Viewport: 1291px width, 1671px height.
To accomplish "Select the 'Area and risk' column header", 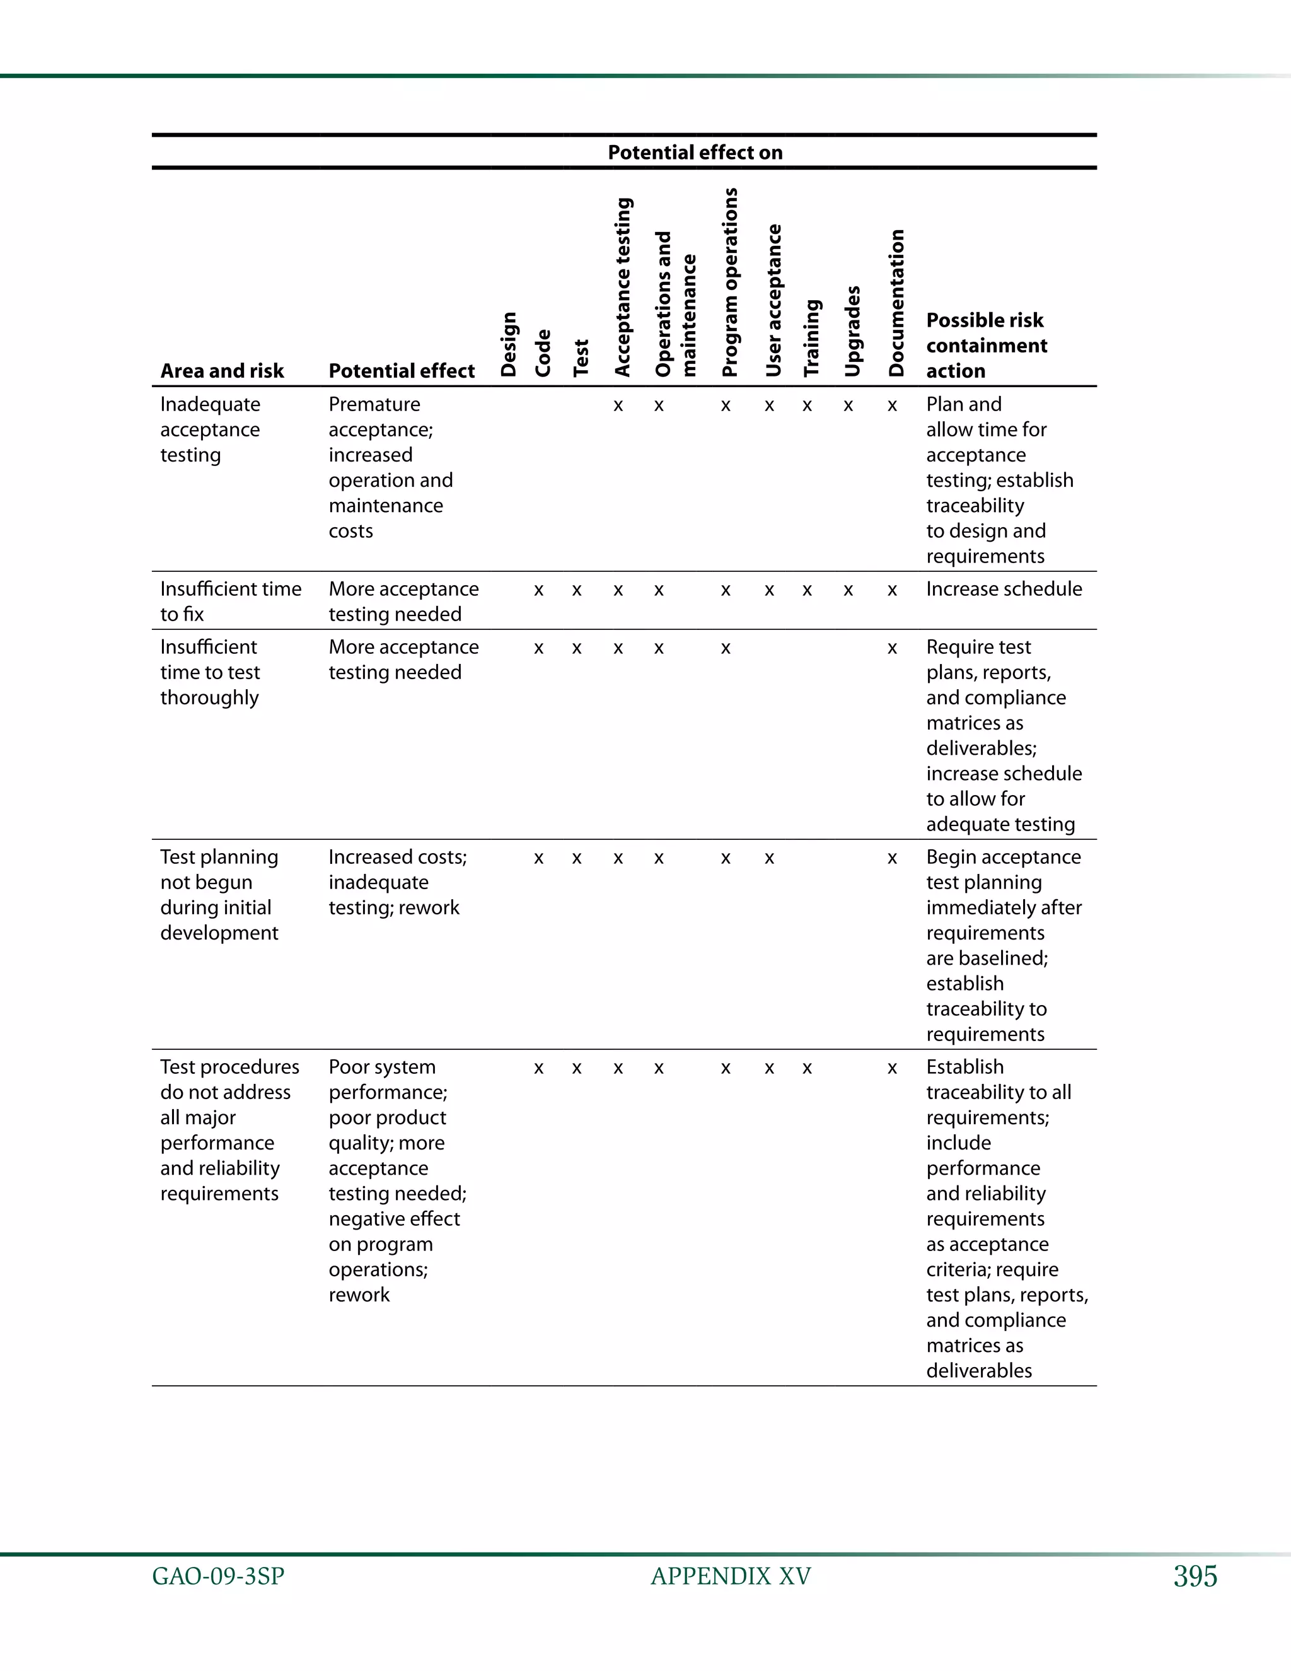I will (222, 371).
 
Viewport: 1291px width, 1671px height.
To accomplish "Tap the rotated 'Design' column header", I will (509, 344).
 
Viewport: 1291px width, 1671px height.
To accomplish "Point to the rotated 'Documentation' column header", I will (896, 303).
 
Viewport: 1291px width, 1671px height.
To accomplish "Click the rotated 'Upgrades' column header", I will (852, 331).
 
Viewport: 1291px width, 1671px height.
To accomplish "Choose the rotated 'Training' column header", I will (811, 337).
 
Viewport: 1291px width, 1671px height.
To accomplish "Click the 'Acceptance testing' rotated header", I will (623, 287).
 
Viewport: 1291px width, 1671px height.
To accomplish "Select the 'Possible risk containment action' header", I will (986, 345).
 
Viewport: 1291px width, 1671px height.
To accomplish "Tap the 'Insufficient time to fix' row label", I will (230, 602).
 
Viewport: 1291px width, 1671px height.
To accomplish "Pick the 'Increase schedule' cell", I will (1004, 589).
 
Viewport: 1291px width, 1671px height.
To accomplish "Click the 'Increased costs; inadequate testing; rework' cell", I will (397, 882).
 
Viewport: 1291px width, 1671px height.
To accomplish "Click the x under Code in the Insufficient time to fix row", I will (538, 591).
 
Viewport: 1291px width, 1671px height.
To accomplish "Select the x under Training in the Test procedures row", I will (807, 1068).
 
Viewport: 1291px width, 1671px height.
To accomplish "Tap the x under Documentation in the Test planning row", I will (892, 858).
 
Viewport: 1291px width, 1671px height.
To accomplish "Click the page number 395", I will (1195, 1577).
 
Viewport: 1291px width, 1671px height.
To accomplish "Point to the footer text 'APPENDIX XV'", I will (731, 1577).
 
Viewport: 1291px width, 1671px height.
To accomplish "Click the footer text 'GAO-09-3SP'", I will (218, 1577).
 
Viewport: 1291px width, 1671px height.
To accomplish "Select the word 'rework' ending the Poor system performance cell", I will (359, 1295).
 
